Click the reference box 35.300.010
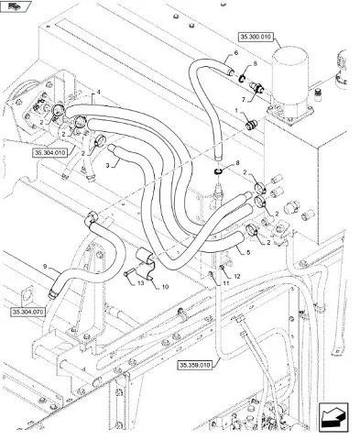256,38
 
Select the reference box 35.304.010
50,153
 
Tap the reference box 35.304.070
28,312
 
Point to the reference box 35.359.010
195,365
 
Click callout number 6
235,53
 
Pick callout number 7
244,100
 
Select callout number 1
236,110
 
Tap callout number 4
98,92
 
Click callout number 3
107,166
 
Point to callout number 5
248,252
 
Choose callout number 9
45,267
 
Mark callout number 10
165,287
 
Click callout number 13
140,283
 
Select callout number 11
225,283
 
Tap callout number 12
237,276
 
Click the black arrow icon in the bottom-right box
333,417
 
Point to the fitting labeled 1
251,125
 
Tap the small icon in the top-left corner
15,6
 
